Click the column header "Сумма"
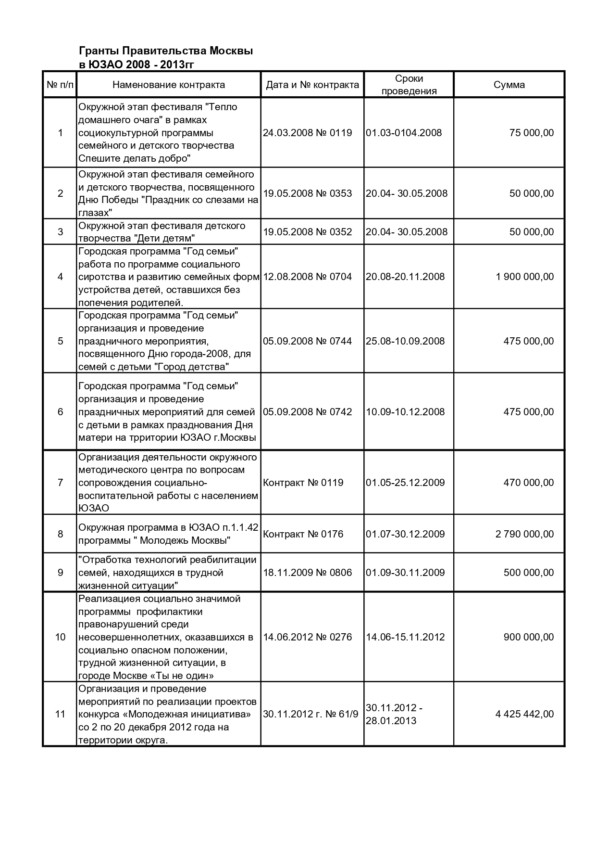click(509, 85)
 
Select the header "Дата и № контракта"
click(312, 85)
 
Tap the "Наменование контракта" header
click(169, 85)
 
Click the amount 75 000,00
click(531, 133)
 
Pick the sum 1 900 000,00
click(524, 277)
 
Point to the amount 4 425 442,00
click(524, 714)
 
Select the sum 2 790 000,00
click(524, 534)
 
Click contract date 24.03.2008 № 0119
click(307, 133)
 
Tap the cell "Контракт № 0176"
click(303, 534)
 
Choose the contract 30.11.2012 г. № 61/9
click(310, 714)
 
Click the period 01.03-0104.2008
click(404, 133)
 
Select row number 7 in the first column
click(60, 483)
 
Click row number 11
click(60, 714)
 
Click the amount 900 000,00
click(528, 637)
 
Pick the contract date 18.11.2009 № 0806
click(307, 573)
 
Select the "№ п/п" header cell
click(60, 85)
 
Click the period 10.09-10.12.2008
click(405, 412)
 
